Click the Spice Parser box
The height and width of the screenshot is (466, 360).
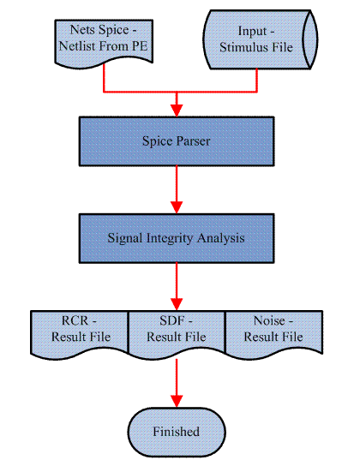(177, 141)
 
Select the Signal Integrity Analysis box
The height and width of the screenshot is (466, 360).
(177, 238)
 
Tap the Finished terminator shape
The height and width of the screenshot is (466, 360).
(177, 432)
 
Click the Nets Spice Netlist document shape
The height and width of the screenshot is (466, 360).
(104, 43)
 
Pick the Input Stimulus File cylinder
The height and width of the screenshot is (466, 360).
(261, 39)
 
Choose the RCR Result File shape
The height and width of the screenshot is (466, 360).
(80, 333)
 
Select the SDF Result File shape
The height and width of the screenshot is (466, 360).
(177, 333)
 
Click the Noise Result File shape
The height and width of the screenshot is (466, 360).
(274, 333)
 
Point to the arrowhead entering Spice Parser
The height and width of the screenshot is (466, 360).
(177, 111)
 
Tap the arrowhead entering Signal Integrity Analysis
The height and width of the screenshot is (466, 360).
(177, 207)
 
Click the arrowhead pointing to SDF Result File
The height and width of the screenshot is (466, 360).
(177, 305)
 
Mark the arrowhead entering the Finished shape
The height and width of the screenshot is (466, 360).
(177, 402)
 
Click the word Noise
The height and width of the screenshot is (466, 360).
(269, 320)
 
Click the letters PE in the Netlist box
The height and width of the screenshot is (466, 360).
(140, 46)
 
